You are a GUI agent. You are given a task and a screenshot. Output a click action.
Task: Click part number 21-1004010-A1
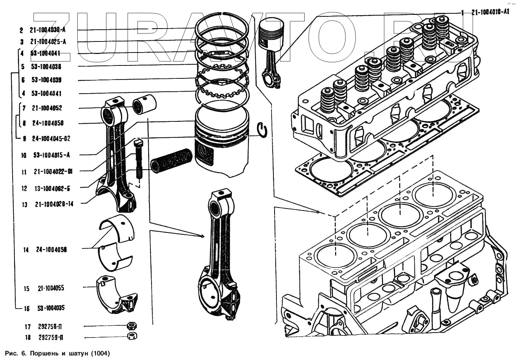coord(490,12)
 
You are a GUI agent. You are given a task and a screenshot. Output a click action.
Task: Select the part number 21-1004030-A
coord(48,30)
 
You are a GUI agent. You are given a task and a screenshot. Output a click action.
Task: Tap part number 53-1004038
coord(46,67)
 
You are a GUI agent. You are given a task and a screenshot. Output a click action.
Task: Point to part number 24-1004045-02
coord(51,139)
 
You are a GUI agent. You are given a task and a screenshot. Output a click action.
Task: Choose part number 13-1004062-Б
coord(52,188)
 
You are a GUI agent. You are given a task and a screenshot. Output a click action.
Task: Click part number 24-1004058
coord(52,250)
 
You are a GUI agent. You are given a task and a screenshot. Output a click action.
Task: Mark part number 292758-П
coord(50,327)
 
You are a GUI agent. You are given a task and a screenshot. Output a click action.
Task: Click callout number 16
coord(27,308)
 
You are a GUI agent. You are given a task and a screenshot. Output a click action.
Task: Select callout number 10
coord(24,155)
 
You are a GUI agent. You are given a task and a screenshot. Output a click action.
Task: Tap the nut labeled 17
coord(132,326)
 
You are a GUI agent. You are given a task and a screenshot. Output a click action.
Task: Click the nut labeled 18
coord(132,336)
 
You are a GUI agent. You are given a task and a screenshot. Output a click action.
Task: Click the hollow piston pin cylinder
coord(171,161)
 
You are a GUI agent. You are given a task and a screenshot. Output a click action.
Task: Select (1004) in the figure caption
coord(101,353)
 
